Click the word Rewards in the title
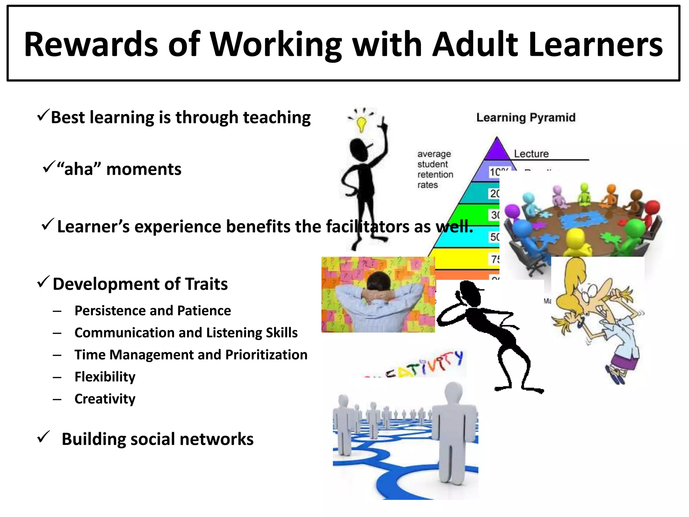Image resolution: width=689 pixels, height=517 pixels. point(91,44)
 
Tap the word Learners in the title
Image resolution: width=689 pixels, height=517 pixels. point(595,44)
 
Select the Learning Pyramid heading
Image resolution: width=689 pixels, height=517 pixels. point(526,117)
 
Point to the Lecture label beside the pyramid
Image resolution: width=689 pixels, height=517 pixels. point(531,154)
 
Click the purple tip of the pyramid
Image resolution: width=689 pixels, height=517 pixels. point(497,150)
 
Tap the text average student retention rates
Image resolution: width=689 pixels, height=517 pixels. point(435,169)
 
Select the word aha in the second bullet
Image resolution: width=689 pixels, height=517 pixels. point(79,169)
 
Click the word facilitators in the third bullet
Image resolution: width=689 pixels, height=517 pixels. point(368,226)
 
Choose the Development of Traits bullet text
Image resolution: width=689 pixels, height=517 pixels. point(140,284)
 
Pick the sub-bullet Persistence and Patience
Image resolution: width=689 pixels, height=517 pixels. point(153,311)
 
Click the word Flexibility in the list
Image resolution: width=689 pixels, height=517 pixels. point(105,377)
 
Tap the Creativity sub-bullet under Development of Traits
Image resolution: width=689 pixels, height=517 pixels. point(105,399)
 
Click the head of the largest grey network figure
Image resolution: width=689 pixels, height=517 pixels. point(454,393)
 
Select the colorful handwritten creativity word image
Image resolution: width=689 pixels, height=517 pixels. point(417,365)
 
